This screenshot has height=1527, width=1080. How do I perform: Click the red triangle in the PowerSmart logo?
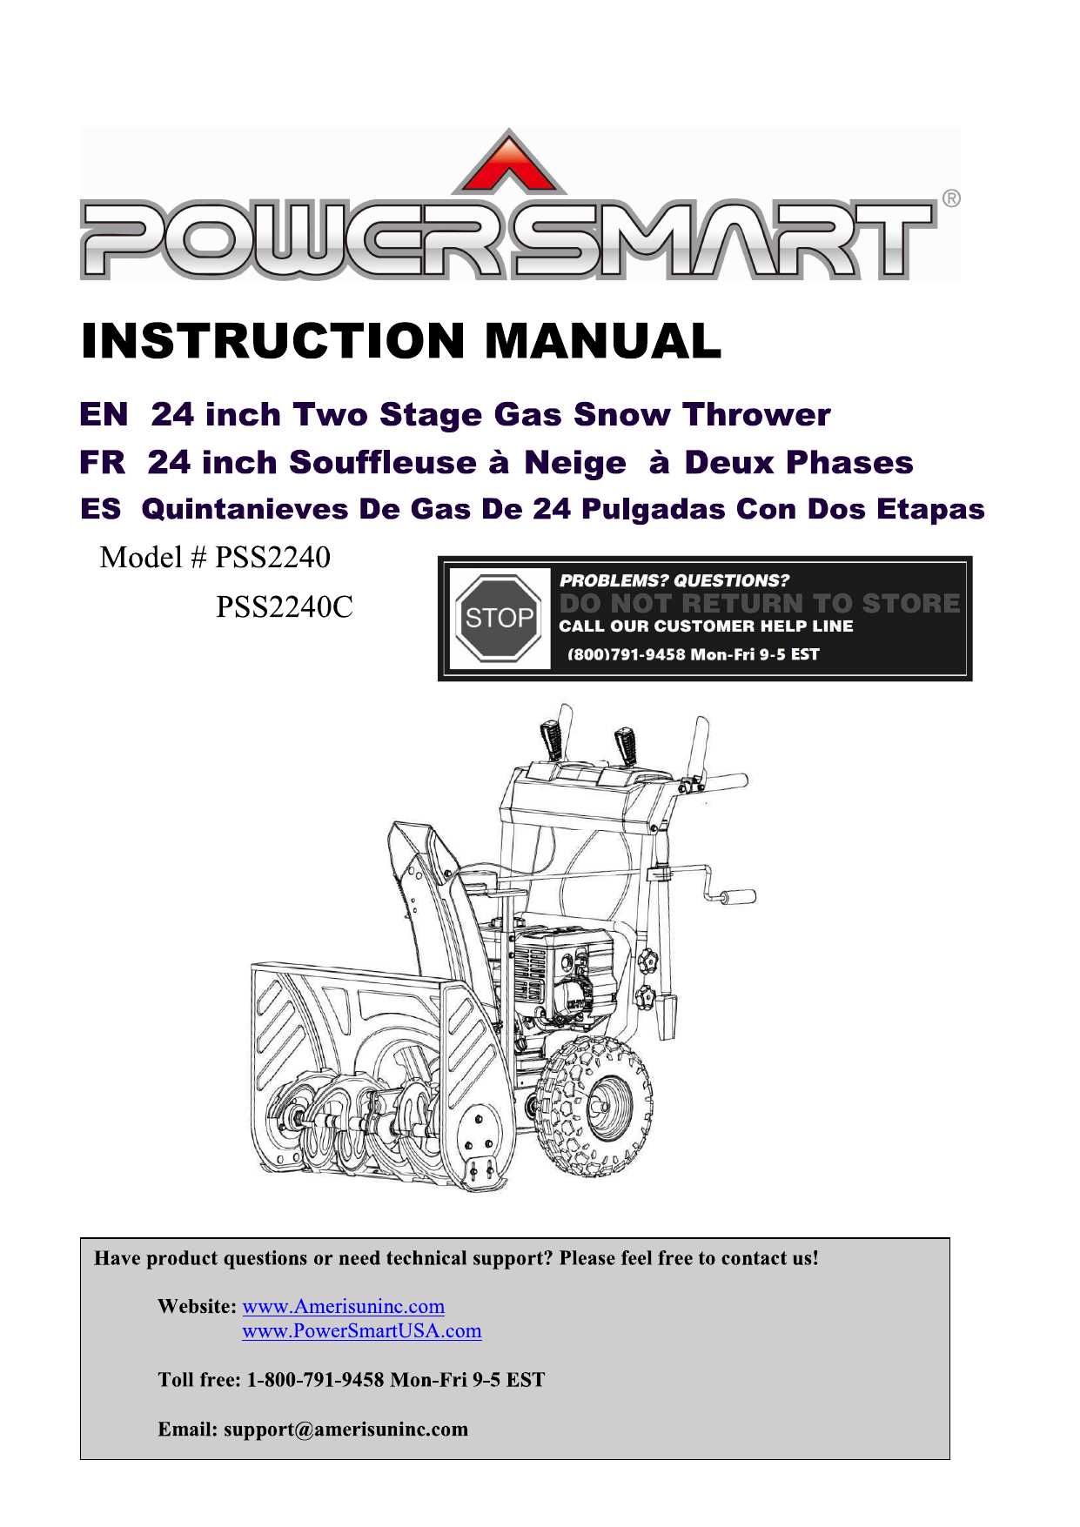(508, 165)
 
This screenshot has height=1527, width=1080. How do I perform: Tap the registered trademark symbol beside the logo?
(951, 198)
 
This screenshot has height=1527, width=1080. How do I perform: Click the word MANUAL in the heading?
(602, 340)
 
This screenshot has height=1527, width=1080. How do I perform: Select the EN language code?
(104, 414)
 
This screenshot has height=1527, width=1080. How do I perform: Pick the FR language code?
(103, 462)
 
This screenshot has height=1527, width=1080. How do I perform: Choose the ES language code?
(100, 509)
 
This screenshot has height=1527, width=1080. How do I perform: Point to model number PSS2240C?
(285, 606)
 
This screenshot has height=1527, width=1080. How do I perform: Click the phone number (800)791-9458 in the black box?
(626, 654)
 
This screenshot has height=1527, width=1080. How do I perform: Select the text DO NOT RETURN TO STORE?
(759, 603)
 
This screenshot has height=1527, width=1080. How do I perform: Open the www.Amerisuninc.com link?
(343, 1306)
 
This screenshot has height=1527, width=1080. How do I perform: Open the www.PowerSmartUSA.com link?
(361, 1330)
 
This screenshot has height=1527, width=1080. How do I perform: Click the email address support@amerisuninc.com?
(345, 1429)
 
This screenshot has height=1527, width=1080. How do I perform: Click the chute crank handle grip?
(738, 896)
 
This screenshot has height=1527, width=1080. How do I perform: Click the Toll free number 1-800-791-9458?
(315, 1380)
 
